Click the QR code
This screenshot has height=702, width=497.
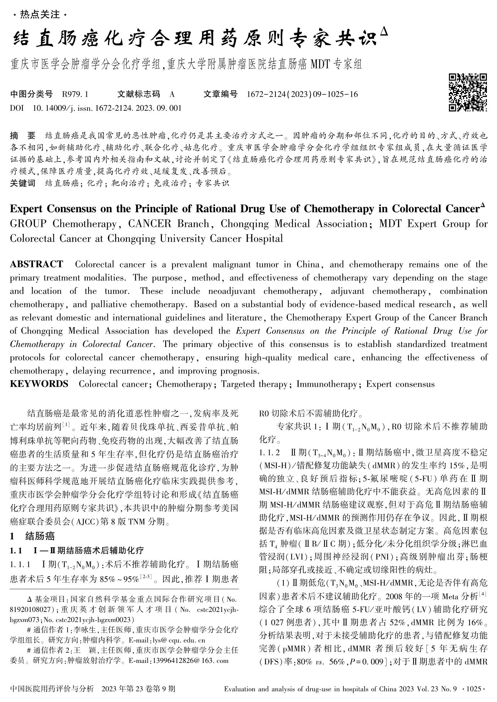click(x=468, y=92)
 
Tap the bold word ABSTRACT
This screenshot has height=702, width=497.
click(x=37, y=265)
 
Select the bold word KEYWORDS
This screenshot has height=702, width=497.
click(x=39, y=384)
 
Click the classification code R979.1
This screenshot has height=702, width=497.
click(x=75, y=94)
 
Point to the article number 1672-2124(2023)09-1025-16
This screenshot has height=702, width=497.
click(x=302, y=94)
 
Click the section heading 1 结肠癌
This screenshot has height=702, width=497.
click(x=33, y=536)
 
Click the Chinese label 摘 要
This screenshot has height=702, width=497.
click(x=23, y=136)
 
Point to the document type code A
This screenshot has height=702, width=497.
click(x=172, y=94)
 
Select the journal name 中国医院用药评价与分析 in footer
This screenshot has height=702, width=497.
click(x=52, y=689)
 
